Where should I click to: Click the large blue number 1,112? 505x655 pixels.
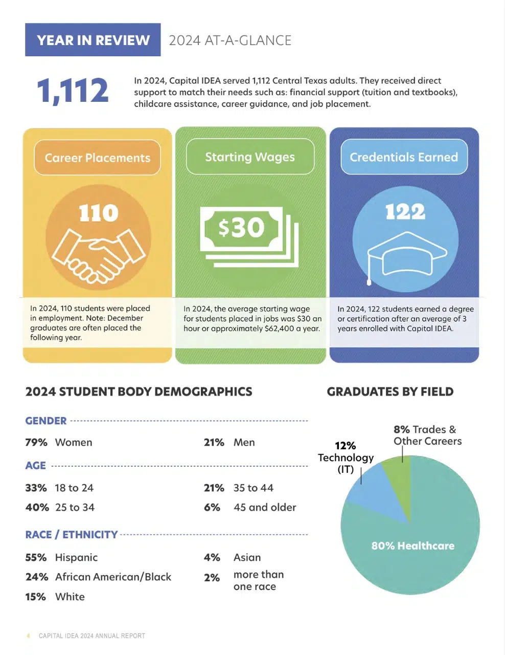click(x=73, y=91)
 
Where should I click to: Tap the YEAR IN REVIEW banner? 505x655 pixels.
click(x=93, y=40)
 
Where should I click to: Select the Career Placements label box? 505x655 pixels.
click(x=97, y=158)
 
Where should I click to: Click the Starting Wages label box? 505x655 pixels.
click(x=250, y=157)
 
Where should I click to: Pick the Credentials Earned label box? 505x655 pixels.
click(x=404, y=157)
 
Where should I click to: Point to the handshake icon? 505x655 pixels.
click(x=99, y=254)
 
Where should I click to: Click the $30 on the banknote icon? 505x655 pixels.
click(x=241, y=228)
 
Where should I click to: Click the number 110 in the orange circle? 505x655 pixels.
click(x=99, y=213)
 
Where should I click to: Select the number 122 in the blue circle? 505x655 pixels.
click(x=405, y=211)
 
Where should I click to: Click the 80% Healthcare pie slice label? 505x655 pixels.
click(x=412, y=546)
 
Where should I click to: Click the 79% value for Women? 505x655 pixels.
click(x=36, y=442)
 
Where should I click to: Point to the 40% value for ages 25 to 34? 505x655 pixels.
click(x=37, y=507)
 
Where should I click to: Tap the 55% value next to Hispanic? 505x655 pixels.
click(x=36, y=557)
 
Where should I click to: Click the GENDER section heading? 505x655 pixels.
click(x=46, y=421)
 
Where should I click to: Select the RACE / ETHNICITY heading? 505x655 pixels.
click(x=72, y=534)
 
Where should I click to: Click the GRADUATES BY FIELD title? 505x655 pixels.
click(x=390, y=391)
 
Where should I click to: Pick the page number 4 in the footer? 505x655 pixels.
click(x=28, y=636)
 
